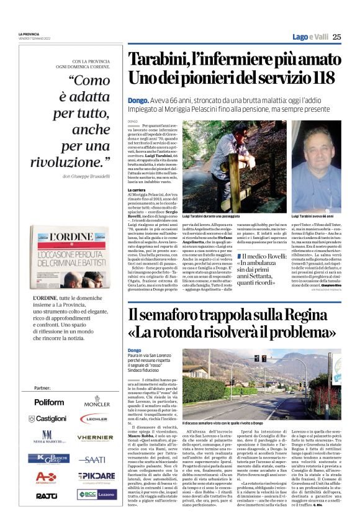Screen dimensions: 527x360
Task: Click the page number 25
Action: [x=336, y=37]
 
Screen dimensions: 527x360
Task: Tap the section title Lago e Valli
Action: [x=310, y=37]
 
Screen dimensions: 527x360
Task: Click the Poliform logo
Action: [x=48, y=402]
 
